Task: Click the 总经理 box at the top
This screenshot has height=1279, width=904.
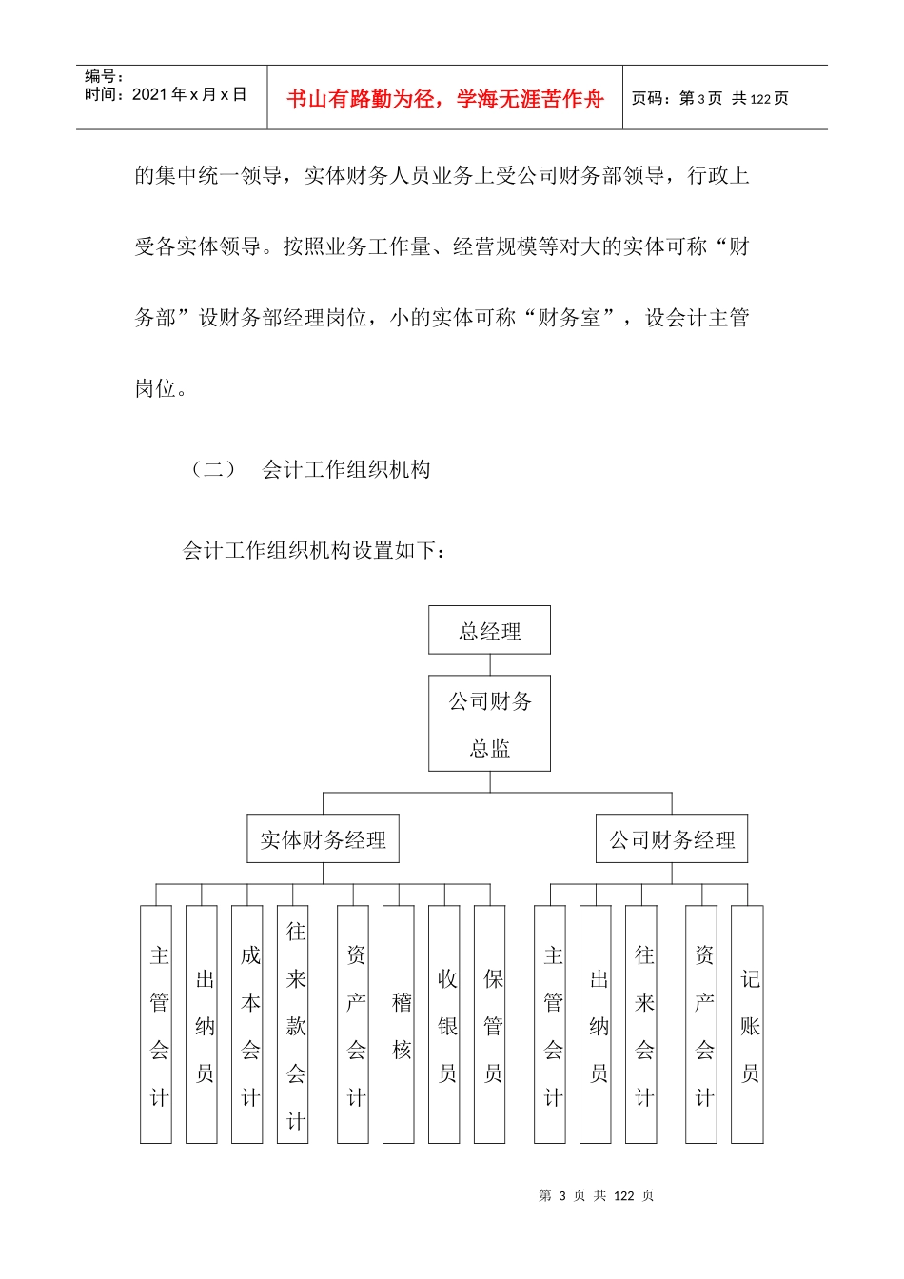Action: (489, 630)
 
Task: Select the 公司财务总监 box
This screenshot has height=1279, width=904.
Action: (489, 723)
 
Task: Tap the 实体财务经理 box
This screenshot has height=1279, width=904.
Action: (323, 838)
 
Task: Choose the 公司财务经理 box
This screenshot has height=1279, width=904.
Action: (672, 838)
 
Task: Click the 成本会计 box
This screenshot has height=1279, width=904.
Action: (247, 1024)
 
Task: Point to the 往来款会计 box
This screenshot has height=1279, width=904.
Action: (293, 1024)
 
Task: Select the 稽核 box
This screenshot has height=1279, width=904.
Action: (399, 1024)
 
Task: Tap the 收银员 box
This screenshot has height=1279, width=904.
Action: (444, 1024)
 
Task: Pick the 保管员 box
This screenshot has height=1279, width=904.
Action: (490, 1024)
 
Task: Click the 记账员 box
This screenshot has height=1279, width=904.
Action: (747, 1024)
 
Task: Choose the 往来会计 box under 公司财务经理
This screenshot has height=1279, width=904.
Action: (641, 1024)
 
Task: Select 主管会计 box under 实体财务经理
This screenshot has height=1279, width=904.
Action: (156, 1024)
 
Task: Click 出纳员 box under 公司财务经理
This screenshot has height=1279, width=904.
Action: (596, 1024)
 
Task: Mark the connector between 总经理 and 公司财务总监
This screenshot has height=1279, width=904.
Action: (490, 664)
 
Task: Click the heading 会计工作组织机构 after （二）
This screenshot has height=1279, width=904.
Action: (346, 469)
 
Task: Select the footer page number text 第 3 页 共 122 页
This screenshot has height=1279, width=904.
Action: (597, 1195)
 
